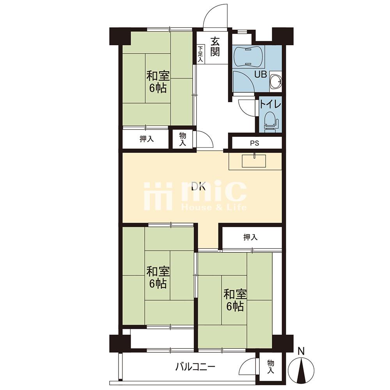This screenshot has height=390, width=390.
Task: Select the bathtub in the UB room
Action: click(x=249, y=57)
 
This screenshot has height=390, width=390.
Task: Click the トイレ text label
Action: click(x=270, y=105)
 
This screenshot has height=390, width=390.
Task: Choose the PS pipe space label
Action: click(x=254, y=143)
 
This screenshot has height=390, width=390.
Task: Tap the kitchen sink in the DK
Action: click(x=254, y=161)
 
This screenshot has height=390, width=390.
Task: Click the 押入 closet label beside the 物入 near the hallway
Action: click(x=147, y=139)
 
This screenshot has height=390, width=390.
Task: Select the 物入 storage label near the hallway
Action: click(x=183, y=140)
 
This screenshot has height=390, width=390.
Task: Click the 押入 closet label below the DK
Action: click(x=250, y=237)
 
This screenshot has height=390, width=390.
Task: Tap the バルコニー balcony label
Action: click(x=195, y=367)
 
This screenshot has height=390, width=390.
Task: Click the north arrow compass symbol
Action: click(x=301, y=369)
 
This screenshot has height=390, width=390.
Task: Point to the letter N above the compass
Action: click(x=301, y=351)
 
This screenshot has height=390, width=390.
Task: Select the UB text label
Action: click(x=261, y=74)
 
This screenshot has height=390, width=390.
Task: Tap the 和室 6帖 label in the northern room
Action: click(x=158, y=82)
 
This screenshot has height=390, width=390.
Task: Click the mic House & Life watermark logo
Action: click(x=195, y=196)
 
